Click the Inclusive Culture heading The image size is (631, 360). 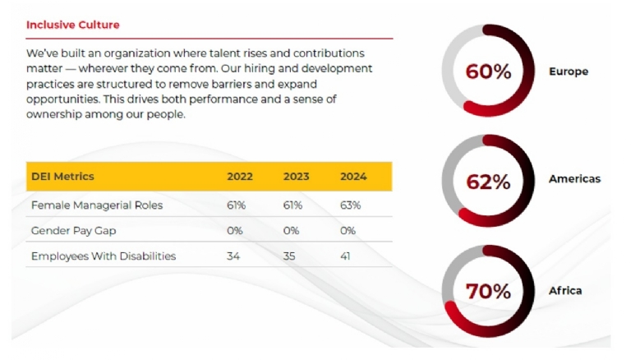coord(72,25)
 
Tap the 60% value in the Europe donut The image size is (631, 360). coord(488,72)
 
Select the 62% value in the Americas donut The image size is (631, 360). coord(488,182)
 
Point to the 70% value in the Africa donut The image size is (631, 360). coord(488,291)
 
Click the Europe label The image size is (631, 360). coord(569,72)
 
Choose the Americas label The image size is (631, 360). coord(574,178)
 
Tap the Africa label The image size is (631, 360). coord(564,290)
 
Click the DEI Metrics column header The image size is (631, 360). coord(62,176)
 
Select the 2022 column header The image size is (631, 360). coord(240,177)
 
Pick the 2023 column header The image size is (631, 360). coord(296,177)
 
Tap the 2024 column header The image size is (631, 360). coord(353,177)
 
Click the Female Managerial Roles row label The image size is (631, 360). coord(96,205)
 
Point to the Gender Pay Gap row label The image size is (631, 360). coord(73,230)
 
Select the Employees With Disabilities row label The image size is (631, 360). coord(104,256)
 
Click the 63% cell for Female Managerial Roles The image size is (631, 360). coord(350,205)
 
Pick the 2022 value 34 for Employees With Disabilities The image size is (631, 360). coord(234,256)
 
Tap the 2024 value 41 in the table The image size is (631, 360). coord(346,256)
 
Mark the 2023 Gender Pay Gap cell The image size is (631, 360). coord(292,230)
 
